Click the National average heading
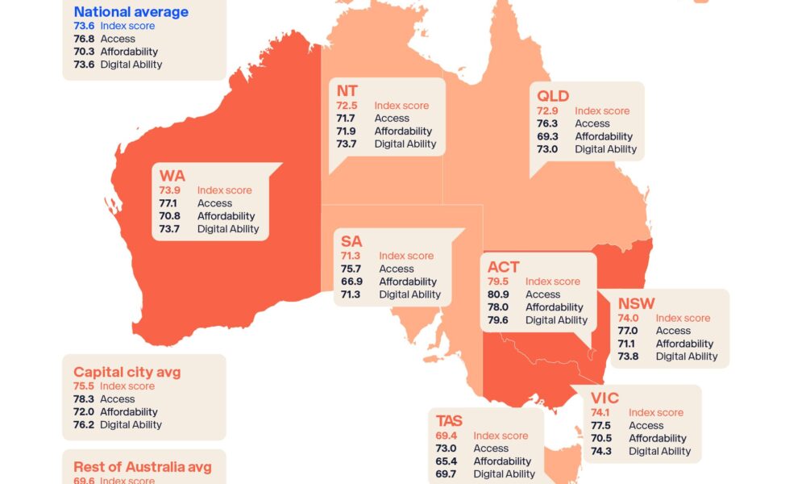(131, 12)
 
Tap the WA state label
(172, 177)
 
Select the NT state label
(347, 91)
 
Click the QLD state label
(553, 96)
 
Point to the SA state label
(351, 241)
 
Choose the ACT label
(504, 267)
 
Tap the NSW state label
(636, 303)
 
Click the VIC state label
(604, 398)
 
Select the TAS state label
(449, 421)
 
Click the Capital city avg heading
(127, 372)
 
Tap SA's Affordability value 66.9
(351, 282)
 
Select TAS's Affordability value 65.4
(446, 461)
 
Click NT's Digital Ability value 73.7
(347, 144)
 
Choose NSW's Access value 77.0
(628, 331)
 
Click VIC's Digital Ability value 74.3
(601, 451)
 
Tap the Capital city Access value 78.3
(84, 398)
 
